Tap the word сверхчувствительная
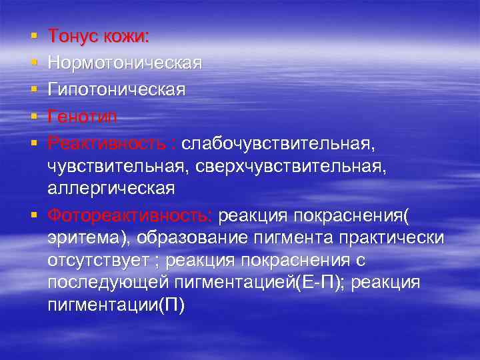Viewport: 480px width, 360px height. tap(287, 167)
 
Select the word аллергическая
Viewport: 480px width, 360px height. tap(111, 189)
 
